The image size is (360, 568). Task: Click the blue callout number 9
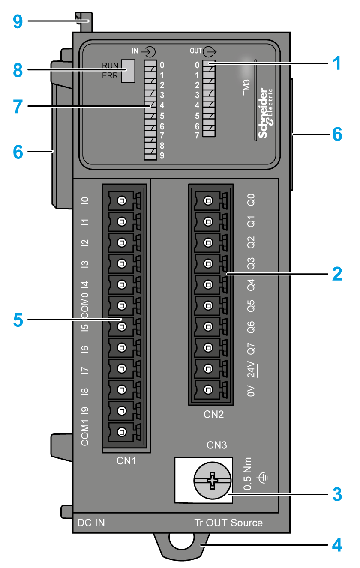tap(17, 21)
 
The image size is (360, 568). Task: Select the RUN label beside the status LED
tap(111, 66)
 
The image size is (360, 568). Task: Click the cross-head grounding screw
tap(212, 481)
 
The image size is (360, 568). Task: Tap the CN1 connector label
tap(126, 461)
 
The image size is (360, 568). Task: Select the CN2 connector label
tap(213, 415)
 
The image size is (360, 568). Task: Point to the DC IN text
tap(91, 523)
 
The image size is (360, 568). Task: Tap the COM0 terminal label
tap(85, 305)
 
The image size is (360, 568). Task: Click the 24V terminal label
tap(251, 369)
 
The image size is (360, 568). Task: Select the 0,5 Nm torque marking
tap(248, 476)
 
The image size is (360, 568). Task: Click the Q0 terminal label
tap(251, 200)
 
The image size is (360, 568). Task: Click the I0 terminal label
tap(85, 200)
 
